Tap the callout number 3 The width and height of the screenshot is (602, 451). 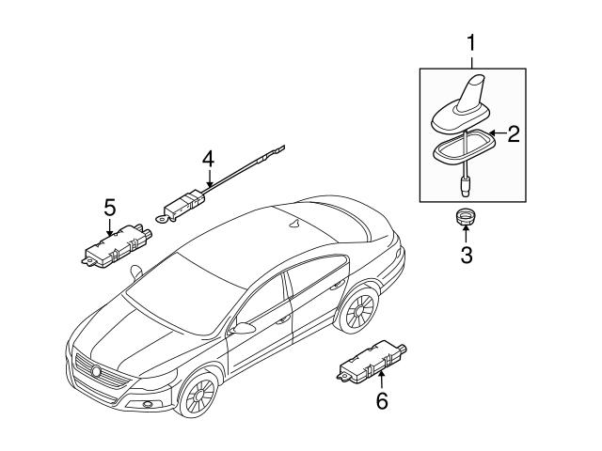(x=467, y=255)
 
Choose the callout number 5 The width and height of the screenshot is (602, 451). (x=110, y=209)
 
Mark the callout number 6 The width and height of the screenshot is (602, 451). (x=382, y=401)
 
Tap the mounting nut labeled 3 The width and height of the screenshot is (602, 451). (x=466, y=217)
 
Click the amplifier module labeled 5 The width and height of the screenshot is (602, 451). (x=117, y=246)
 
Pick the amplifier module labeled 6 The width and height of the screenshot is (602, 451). (x=372, y=362)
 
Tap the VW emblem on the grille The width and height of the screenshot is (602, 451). (x=96, y=371)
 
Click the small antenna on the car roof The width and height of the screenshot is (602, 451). (x=295, y=225)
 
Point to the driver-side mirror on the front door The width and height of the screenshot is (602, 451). (x=243, y=329)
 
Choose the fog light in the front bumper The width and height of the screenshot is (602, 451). (x=147, y=403)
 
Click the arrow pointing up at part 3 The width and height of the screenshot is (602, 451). (x=466, y=234)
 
